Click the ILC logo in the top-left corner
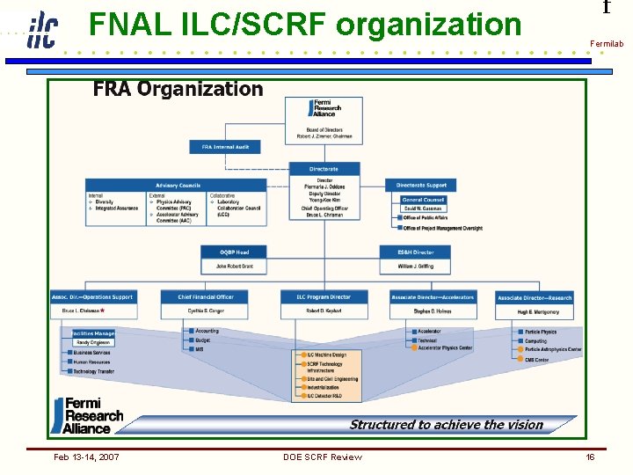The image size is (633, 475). pos(40,29)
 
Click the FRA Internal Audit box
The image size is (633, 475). pos(225,147)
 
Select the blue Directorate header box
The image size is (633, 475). pos(323,169)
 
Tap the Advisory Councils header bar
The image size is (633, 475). pos(177,186)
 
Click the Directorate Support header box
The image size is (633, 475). pos(421,186)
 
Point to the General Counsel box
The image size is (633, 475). pos(423,200)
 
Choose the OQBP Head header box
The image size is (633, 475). pos(235,252)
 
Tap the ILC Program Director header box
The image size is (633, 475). pos(323,297)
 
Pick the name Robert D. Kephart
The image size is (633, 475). pos(323,311)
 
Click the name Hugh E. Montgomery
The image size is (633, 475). pos(534,311)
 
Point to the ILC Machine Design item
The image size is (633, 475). pos(326,354)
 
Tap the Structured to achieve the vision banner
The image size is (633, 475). pos(446,425)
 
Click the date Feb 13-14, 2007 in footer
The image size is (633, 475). pos(86,457)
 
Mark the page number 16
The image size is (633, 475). pos(590,457)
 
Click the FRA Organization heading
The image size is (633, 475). pos(178,89)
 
